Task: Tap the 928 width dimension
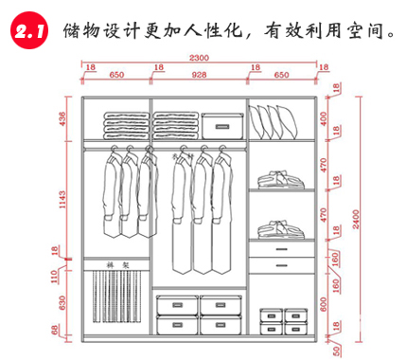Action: point(198,74)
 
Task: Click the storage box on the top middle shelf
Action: point(221,124)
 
